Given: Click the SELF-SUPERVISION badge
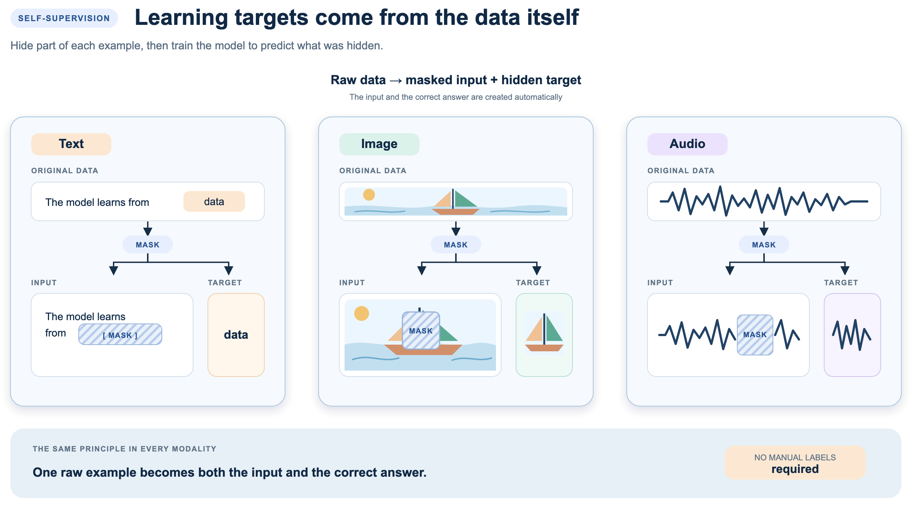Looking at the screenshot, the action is (64, 18).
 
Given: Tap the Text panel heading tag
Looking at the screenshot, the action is (71, 144).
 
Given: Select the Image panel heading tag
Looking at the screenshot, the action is (379, 144).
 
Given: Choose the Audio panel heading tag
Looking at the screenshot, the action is (687, 144).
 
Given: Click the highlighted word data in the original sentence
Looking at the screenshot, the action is (214, 201).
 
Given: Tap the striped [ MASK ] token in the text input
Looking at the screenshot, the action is (120, 334).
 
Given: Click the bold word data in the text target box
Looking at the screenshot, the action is (236, 335).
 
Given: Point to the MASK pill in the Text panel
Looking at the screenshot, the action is (148, 244).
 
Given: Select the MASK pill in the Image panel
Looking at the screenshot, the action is (456, 244).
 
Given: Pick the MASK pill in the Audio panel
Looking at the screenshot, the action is (764, 244).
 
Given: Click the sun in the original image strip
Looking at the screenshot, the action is (369, 195).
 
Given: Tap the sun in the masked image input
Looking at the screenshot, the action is (362, 313).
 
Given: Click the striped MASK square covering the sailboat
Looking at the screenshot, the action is (421, 331).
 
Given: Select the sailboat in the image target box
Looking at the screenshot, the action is (544, 333).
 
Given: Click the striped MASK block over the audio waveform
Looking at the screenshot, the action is (755, 335).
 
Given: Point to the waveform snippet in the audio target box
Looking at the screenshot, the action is (852, 335).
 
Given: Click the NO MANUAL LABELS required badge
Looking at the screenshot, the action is (795, 463).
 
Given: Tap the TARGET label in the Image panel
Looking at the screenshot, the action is (533, 283).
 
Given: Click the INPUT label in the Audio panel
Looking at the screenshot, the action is (660, 283).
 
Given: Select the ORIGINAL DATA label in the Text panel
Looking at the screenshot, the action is (65, 171).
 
